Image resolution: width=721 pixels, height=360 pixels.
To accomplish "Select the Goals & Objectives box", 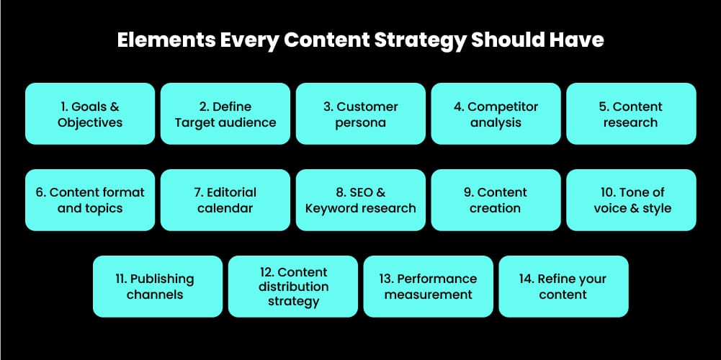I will tap(90, 114).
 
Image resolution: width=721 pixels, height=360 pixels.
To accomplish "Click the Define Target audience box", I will tap(225, 114).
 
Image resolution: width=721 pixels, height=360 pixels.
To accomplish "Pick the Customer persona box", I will tap(361, 114).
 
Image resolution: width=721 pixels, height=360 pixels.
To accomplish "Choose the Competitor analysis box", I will tap(496, 114).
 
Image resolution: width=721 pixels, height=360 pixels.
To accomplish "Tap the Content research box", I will tap(631, 114).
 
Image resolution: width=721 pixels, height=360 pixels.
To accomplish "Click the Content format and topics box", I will tap(90, 200).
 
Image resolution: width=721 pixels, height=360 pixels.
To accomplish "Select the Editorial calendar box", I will tap(225, 200).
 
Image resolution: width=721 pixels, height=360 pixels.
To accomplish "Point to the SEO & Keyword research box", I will tap(361, 200).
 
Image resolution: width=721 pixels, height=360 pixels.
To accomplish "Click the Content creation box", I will tap(496, 200).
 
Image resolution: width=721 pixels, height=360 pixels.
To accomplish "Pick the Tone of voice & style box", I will tap(631, 200).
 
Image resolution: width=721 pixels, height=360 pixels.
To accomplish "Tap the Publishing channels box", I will tap(158, 287).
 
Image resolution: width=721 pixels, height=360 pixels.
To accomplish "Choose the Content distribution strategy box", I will tap(293, 287).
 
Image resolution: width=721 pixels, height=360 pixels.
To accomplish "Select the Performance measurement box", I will tap(429, 287).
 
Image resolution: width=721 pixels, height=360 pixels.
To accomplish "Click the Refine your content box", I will tap(563, 287).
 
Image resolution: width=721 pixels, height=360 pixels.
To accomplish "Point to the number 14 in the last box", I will tap(527, 279).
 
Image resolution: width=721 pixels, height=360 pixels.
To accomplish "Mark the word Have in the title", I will tap(579, 40).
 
